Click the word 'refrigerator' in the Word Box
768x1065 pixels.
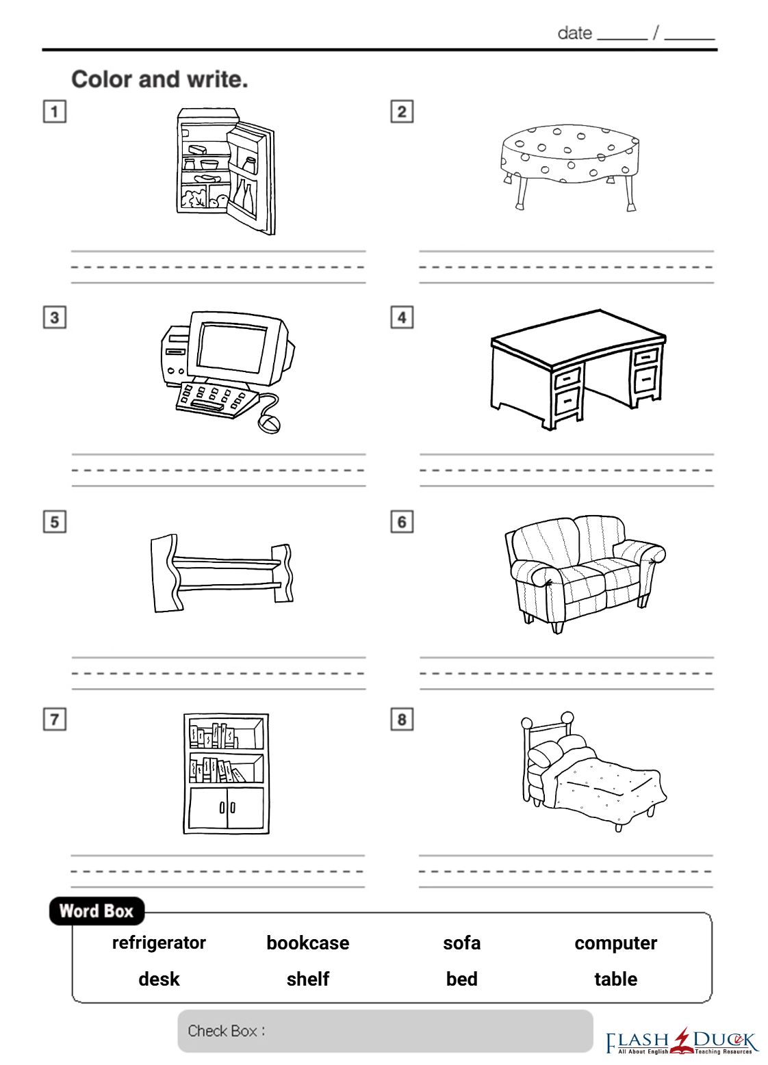(x=159, y=943)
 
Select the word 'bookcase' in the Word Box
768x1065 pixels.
(x=308, y=943)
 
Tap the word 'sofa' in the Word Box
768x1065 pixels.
(x=461, y=943)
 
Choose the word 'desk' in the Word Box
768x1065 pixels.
(x=159, y=979)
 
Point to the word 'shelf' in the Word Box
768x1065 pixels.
(x=308, y=979)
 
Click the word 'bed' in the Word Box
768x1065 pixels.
(x=461, y=979)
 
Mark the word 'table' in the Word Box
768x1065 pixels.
(x=616, y=979)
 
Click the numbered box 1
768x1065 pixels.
(x=55, y=111)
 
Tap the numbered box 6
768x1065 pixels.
(x=402, y=522)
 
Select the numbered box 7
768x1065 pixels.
(x=55, y=720)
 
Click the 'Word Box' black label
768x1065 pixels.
(x=97, y=911)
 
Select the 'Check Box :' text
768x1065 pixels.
(x=226, y=1031)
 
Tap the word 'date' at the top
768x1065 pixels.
(x=575, y=34)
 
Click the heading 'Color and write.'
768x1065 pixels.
(x=160, y=79)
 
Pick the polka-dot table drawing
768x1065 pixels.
(x=570, y=166)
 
